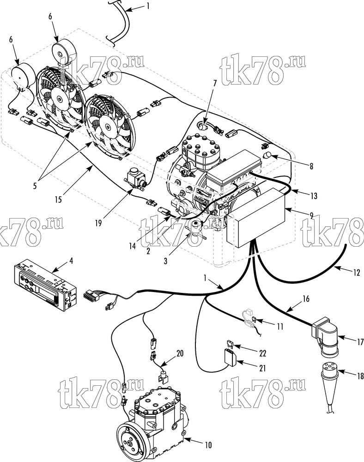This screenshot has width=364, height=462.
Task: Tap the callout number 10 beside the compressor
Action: [208, 445]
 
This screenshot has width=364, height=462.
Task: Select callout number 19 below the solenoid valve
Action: [98, 223]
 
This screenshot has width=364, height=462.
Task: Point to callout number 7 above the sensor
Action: [215, 83]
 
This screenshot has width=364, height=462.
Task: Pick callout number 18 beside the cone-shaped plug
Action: [360, 376]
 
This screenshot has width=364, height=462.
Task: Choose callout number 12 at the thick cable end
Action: [357, 273]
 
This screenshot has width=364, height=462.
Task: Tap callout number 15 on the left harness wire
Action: [58, 200]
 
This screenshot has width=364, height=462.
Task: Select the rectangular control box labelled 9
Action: [257, 219]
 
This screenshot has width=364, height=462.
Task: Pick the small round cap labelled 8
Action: [267, 155]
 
